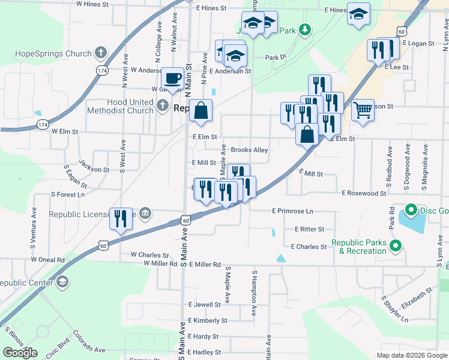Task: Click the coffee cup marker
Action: click(173, 78)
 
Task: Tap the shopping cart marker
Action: click(363, 110)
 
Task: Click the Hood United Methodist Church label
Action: click(120, 106)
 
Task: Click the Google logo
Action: click(20, 353)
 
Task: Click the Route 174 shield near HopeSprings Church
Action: click(103, 71)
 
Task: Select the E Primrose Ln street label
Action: click(293, 211)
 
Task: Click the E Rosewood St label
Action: click(364, 193)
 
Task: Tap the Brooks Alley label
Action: click(249, 150)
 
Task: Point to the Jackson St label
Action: click(94, 170)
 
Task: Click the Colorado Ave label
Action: click(89, 341)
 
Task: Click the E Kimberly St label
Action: click(204, 320)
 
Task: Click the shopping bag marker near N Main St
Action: click(201, 110)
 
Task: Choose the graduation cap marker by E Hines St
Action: click(358, 14)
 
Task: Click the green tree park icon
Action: click(305, 29)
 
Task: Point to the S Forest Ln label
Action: click(68, 194)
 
